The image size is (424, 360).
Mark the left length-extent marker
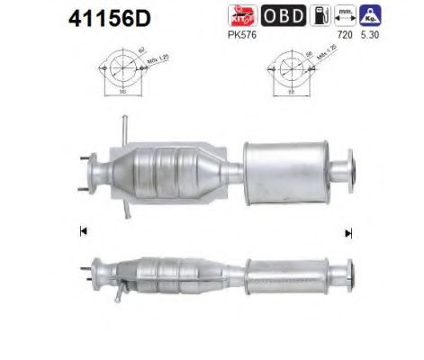pos(84,230)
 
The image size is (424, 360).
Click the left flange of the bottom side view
pos(89,271)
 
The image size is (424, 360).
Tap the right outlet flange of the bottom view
pos(345,271)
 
